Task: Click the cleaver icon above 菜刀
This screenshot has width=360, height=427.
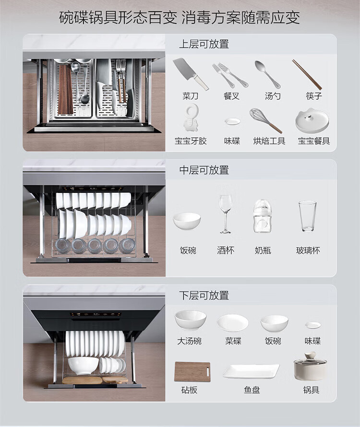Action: (190, 73)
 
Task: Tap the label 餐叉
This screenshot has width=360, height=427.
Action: (231, 96)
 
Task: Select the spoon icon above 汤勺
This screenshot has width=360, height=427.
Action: (267, 74)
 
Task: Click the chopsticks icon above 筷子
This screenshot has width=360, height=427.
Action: (307, 74)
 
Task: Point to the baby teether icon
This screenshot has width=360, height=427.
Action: (191, 119)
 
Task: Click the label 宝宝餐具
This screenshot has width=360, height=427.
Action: (313, 141)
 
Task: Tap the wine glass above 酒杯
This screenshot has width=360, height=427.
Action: (226, 214)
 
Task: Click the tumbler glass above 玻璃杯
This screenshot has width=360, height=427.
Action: (307, 216)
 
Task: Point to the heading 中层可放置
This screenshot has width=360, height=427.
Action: (204, 170)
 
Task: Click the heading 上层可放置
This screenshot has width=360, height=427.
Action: (204, 44)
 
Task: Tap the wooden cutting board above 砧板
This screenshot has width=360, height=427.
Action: (192, 372)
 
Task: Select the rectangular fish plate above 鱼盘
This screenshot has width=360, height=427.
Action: (251, 371)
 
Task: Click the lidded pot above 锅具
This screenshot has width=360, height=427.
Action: (310, 366)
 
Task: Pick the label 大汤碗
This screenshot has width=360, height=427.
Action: (190, 341)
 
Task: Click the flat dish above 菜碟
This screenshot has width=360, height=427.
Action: (233, 323)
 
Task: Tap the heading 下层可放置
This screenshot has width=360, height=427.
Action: (204, 296)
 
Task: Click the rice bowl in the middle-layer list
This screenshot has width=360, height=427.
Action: (187, 221)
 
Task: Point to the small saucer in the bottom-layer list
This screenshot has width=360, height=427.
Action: (313, 325)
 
